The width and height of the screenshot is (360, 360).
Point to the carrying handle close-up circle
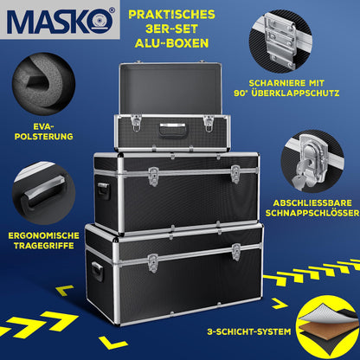click(39, 196)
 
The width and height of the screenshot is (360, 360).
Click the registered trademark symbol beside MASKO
click(109, 12)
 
